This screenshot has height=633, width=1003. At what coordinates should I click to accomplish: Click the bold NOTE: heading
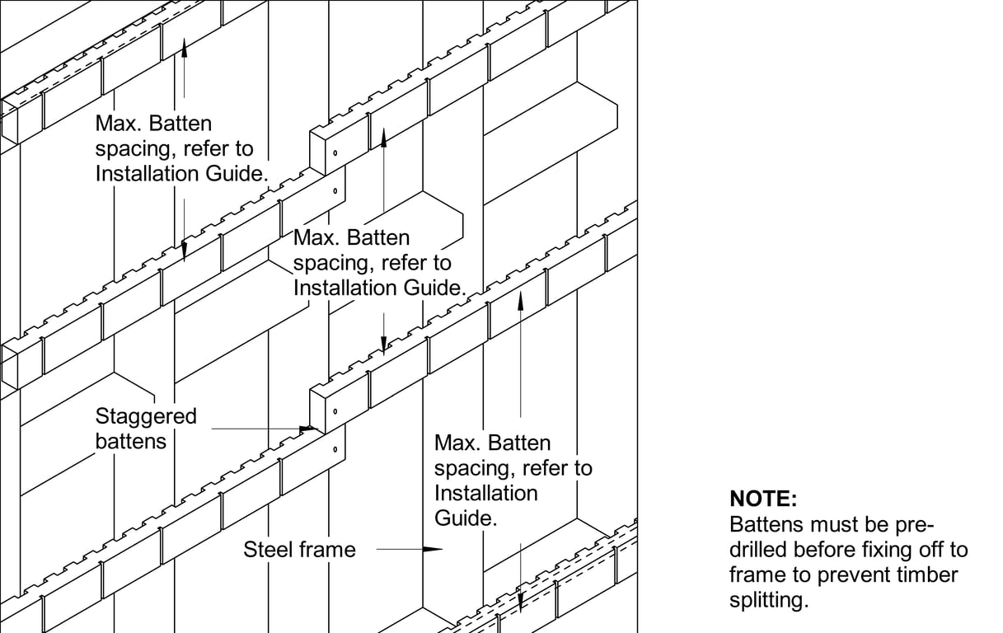coord(763,499)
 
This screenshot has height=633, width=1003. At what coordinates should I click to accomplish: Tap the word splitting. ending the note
coord(768,600)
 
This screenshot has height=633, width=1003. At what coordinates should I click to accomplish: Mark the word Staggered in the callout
coord(146,416)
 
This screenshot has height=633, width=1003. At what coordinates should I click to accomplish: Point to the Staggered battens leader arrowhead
coord(308,429)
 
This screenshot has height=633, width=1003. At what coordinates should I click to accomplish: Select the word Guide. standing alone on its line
coord(466,518)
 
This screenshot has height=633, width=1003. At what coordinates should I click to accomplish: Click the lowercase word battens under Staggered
coord(130,441)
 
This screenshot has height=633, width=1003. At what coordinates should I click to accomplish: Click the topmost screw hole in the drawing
coord(335,154)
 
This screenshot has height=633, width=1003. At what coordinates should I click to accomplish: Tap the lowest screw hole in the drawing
coord(335,449)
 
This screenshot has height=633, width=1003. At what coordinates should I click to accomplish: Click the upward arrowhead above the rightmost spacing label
coord(520,297)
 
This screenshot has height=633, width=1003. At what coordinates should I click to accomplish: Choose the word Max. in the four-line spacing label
coord(457,443)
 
